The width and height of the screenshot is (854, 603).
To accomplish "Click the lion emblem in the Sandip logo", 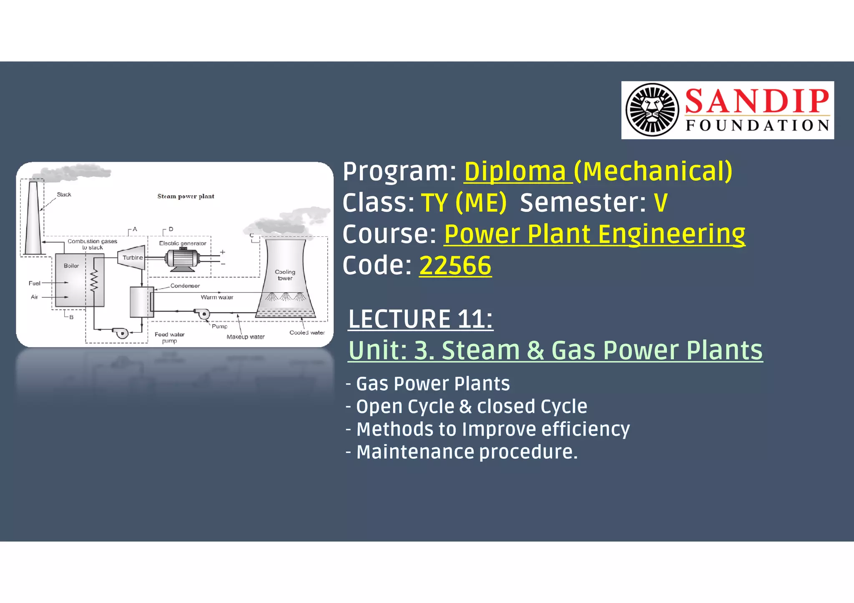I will pyautogui.click(x=653, y=110).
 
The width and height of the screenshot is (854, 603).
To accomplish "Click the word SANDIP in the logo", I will pyautogui.click(x=757, y=101).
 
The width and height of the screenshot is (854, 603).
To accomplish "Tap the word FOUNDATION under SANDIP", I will pyautogui.click(x=757, y=125).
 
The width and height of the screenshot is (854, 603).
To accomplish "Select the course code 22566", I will pyautogui.click(x=455, y=265).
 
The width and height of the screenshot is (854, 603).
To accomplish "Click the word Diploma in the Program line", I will pyautogui.click(x=515, y=171).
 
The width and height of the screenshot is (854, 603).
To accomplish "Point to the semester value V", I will pyautogui.click(x=661, y=203).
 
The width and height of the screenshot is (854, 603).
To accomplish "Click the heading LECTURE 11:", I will pyautogui.click(x=420, y=319).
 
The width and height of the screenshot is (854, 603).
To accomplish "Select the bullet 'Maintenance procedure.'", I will pyautogui.click(x=467, y=452).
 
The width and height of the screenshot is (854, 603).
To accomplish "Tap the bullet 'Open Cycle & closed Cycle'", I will pyautogui.click(x=471, y=406).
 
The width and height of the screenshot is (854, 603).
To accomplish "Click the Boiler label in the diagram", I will pyautogui.click(x=71, y=266).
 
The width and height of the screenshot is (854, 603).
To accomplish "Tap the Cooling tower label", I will pyautogui.click(x=285, y=275).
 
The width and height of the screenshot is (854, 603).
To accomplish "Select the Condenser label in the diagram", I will pyautogui.click(x=185, y=286).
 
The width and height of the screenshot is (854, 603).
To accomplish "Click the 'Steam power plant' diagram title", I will pyautogui.click(x=186, y=196).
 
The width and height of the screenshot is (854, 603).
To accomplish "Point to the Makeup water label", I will pyautogui.click(x=245, y=337).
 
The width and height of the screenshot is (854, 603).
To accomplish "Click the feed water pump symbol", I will pyautogui.click(x=121, y=333).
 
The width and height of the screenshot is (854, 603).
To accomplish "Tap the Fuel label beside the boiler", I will pyautogui.click(x=34, y=283).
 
